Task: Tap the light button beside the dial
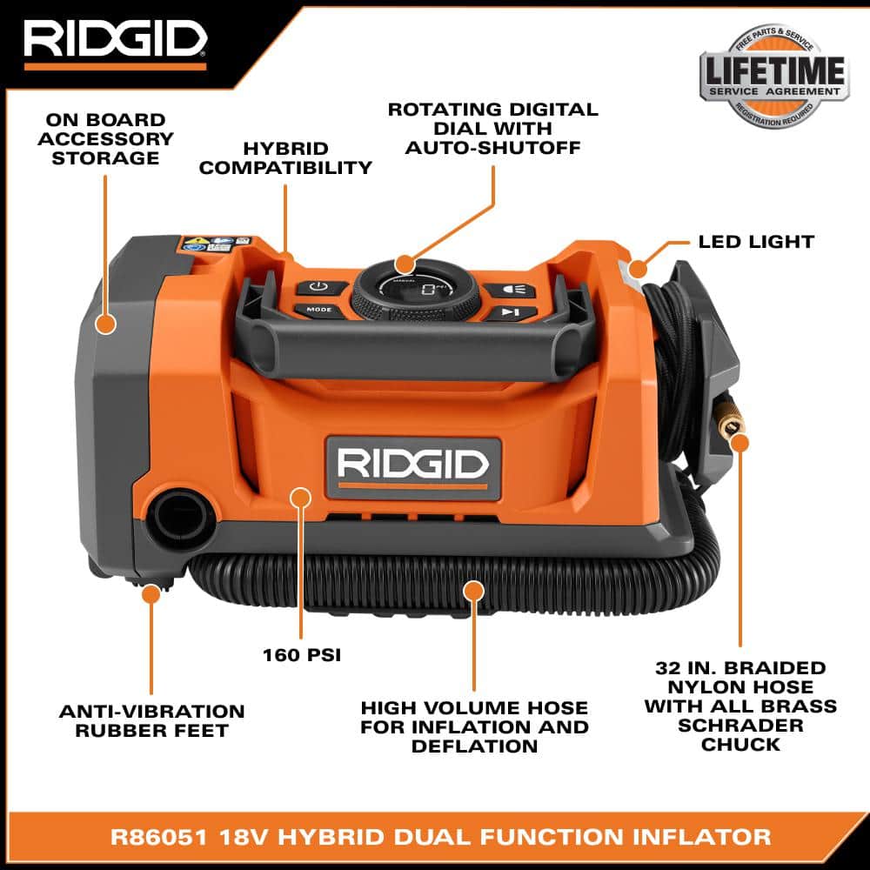click(x=507, y=290)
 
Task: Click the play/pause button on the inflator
click(x=509, y=312)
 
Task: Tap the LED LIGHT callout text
click(x=756, y=242)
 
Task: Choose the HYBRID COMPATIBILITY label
click(x=285, y=158)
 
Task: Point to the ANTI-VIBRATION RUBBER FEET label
click(x=151, y=721)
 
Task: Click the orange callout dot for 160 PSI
click(x=301, y=498)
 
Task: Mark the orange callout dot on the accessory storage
click(x=105, y=325)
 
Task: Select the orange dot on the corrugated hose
click(x=473, y=592)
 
